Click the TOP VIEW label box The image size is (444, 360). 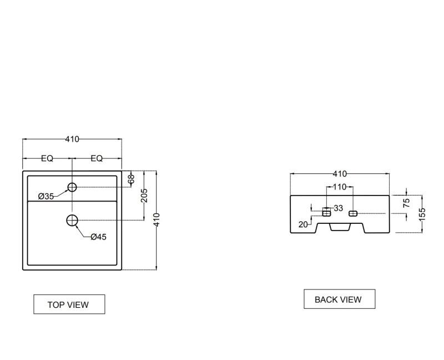click(69, 304)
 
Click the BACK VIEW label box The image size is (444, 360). click(338, 299)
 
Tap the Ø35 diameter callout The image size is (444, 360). click(46, 196)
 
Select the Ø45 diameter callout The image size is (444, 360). click(98, 237)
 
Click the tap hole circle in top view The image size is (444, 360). click(72, 187)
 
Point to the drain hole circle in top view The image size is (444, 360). click(72, 221)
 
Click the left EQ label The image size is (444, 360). click(47, 158)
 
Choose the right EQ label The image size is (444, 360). click(97, 158)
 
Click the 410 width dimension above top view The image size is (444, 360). click(72, 139)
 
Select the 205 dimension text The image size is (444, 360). click(144, 196)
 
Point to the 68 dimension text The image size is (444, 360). click(131, 179)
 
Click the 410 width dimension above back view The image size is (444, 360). click(340, 174)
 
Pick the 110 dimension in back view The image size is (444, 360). click(339, 187)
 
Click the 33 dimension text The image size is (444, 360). click(339, 208)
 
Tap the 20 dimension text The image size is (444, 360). click(303, 224)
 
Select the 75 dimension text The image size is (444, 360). click(407, 203)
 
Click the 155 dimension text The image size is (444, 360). click(422, 214)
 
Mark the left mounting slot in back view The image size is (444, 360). click(326, 213)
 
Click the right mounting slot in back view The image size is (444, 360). click(352, 213)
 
